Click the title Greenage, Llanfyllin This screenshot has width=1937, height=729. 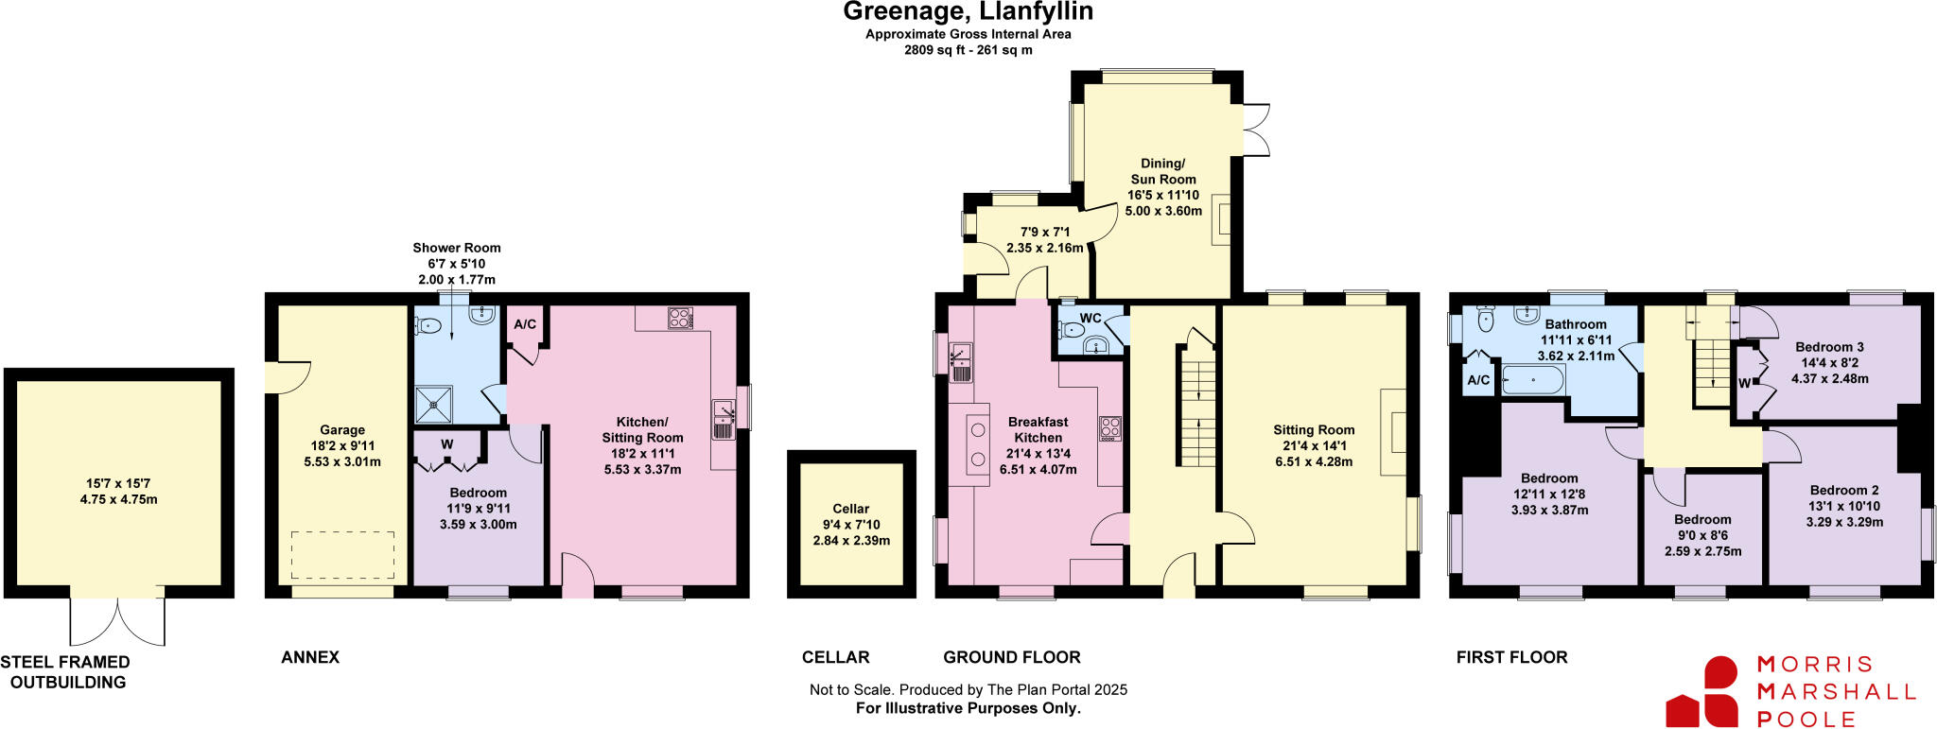click(x=968, y=12)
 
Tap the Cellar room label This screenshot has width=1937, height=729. click(x=850, y=509)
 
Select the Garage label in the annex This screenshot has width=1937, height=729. click(x=341, y=430)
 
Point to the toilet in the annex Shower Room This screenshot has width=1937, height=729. click(x=428, y=325)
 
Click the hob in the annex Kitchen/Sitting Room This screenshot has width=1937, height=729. click(x=679, y=319)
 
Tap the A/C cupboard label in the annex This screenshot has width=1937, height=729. click(x=525, y=324)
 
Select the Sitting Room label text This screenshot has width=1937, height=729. click(x=1313, y=430)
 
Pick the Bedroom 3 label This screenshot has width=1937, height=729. click(x=1829, y=347)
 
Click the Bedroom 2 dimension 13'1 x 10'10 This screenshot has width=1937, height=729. click(x=1843, y=506)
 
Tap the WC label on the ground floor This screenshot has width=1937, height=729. click(x=1090, y=319)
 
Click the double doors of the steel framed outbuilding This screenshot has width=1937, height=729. click(x=118, y=619)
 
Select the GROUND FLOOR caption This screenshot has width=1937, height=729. click(x=1011, y=657)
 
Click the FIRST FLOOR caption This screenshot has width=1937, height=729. click(x=1511, y=657)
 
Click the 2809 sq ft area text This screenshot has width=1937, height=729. click(x=968, y=50)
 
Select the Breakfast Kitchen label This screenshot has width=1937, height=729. click(x=1038, y=430)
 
